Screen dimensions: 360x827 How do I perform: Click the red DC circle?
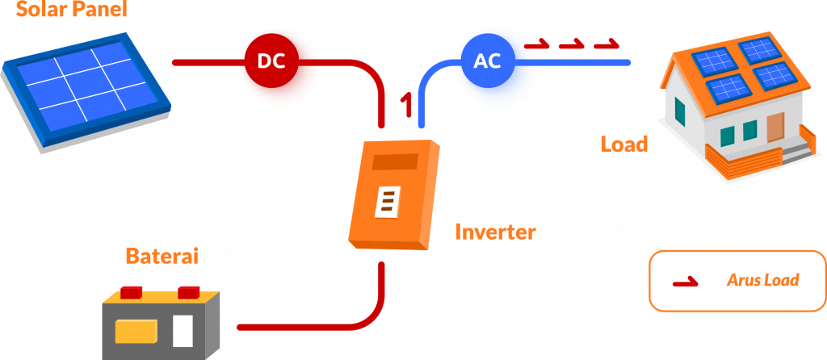tap(271, 61)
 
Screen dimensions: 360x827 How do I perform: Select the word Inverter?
tap(495, 233)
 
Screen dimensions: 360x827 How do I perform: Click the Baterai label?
tap(162, 257)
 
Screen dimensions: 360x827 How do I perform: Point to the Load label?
tap(623, 144)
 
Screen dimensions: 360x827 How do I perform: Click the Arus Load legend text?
tap(762, 281)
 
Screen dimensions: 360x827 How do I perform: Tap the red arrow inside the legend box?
tap(686, 283)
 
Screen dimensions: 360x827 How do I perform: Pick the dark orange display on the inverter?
tap(395, 161)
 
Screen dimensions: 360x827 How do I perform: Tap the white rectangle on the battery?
tap(183, 331)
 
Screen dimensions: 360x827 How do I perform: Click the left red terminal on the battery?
tap(131, 290)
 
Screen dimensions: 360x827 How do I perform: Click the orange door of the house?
tap(775, 128)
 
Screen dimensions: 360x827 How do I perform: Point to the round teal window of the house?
tap(680, 109)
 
